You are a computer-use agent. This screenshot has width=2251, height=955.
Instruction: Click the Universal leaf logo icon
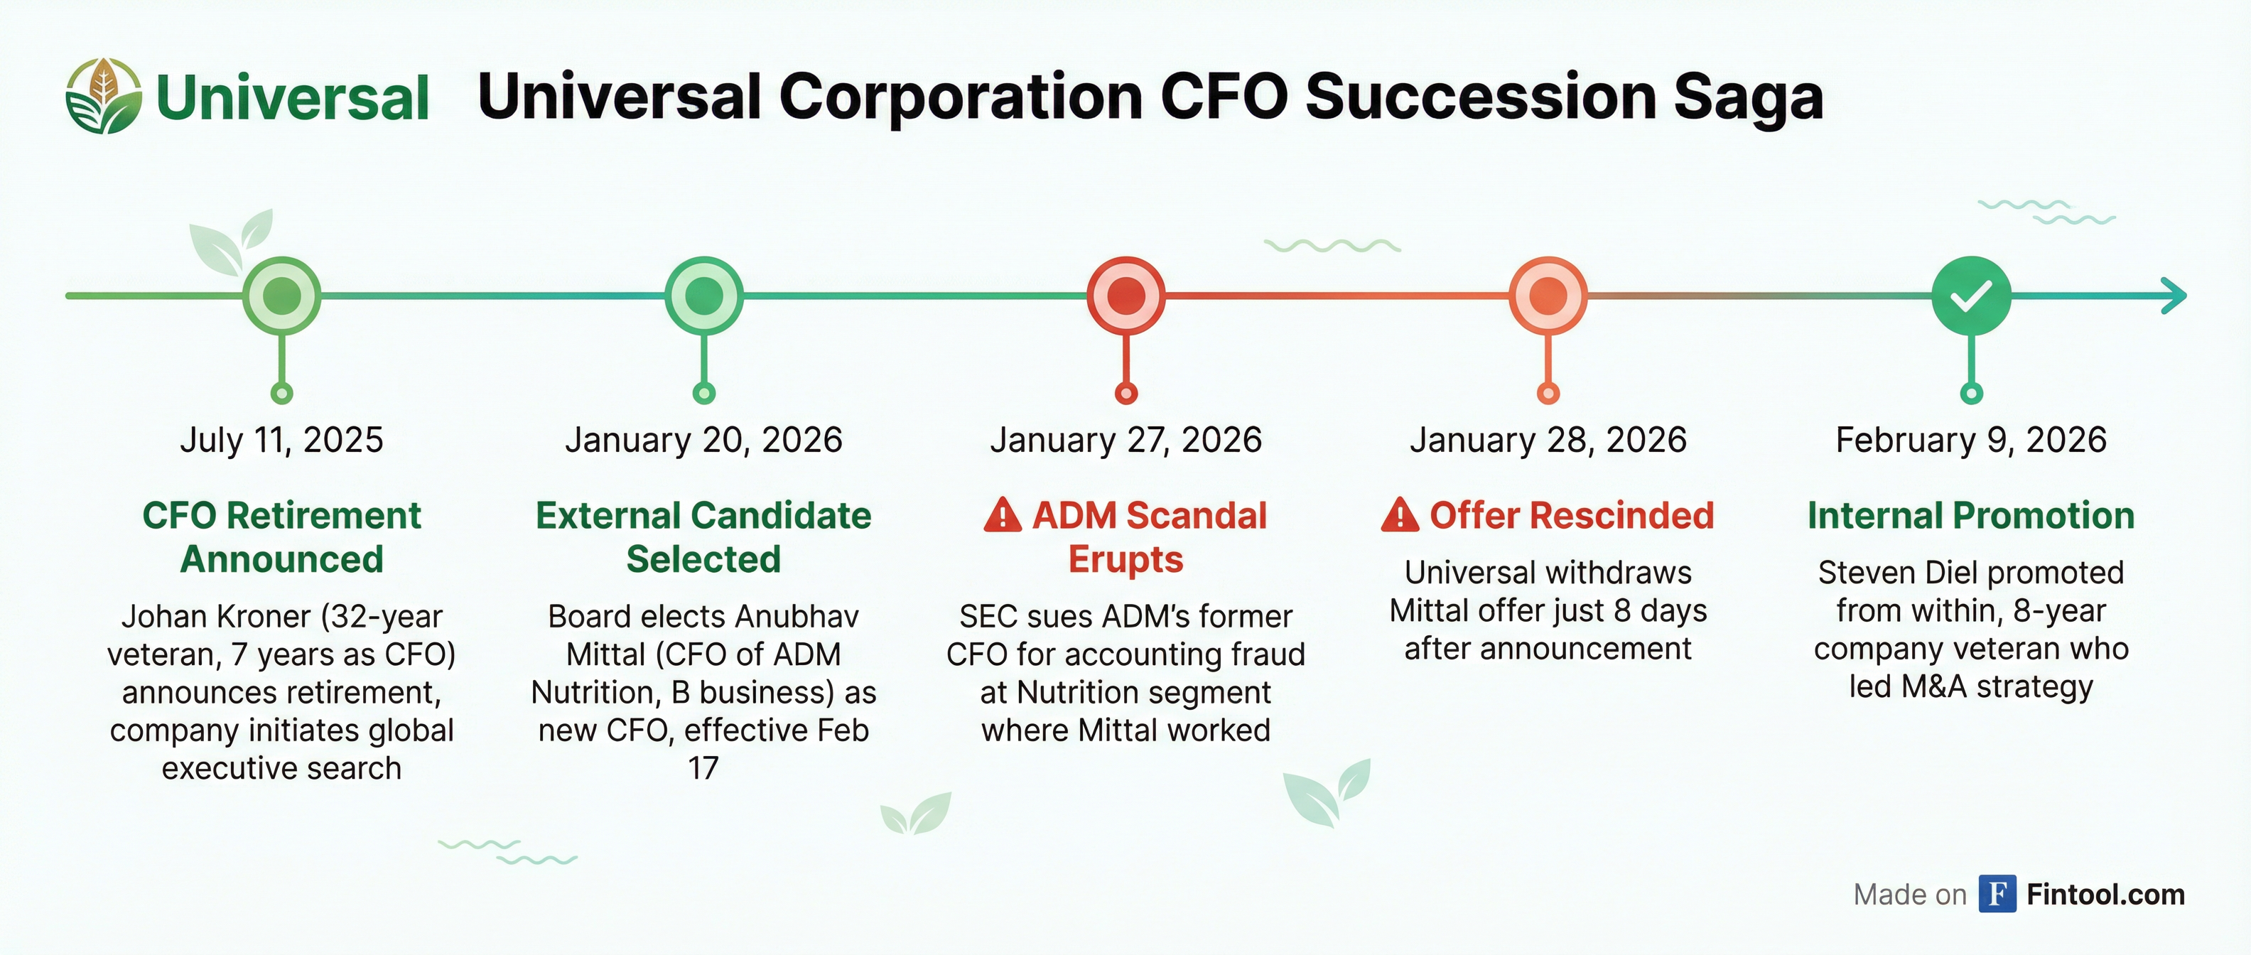pyautogui.click(x=103, y=96)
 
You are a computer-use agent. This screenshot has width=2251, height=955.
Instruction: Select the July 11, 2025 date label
pyautogui.click(x=281, y=440)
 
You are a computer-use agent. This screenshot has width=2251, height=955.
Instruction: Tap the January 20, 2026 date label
pyautogui.click(x=703, y=440)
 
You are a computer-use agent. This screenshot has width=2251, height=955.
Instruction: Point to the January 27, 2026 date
pyautogui.click(x=1125, y=440)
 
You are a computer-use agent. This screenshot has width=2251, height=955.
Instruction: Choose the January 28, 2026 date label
pyautogui.click(x=1548, y=440)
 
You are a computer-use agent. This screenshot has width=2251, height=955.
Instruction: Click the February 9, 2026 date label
pyautogui.click(x=1970, y=440)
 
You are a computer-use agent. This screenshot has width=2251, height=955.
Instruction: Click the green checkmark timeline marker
pyautogui.click(x=1970, y=296)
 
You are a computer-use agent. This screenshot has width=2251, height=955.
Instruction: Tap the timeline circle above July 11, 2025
pyautogui.click(x=281, y=296)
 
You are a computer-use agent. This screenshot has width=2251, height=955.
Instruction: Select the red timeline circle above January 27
pyautogui.click(x=1125, y=296)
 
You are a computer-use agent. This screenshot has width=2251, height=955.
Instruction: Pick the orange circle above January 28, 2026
pyautogui.click(x=1548, y=296)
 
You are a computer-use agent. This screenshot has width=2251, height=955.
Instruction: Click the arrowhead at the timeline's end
pyautogui.click(x=2175, y=296)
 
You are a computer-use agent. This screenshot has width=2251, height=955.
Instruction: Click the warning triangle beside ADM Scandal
pyautogui.click(x=1003, y=515)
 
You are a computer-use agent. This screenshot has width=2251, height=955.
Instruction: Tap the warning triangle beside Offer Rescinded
pyautogui.click(x=1400, y=515)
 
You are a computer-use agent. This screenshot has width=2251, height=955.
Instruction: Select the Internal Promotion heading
pyautogui.click(x=1970, y=515)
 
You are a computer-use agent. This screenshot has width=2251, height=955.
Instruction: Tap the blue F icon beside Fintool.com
pyautogui.click(x=1997, y=894)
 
